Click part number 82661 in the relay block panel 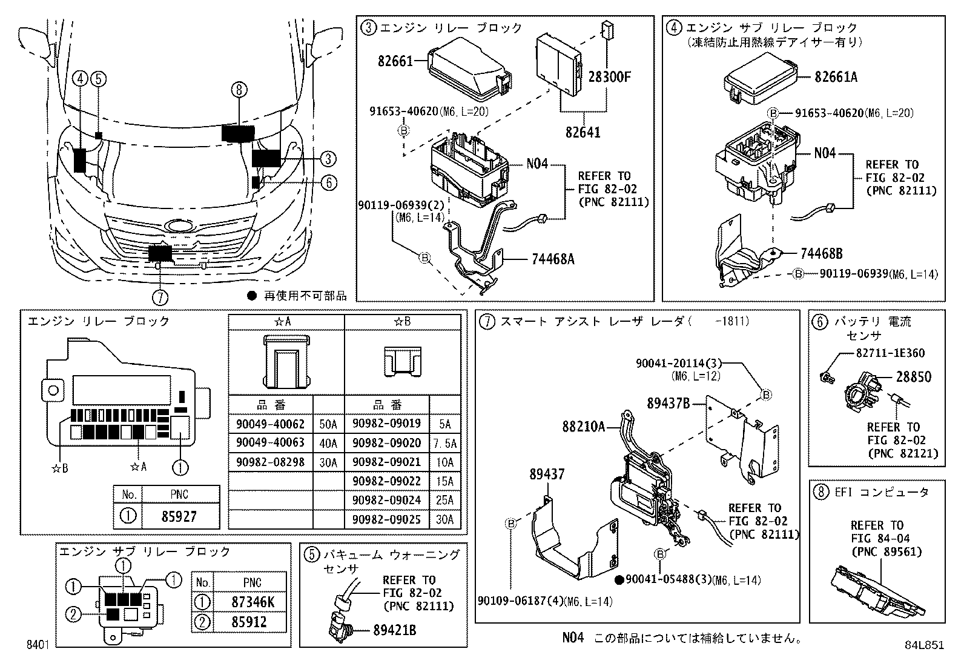point(395,61)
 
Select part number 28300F point(610,77)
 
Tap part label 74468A point(552,259)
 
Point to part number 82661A point(836,77)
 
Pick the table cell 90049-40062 point(270,424)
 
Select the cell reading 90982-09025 point(386,519)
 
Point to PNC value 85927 point(180,517)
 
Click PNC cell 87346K point(252,602)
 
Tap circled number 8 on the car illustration point(239,90)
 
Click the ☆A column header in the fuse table point(286,322)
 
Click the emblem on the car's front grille point(180,225)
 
